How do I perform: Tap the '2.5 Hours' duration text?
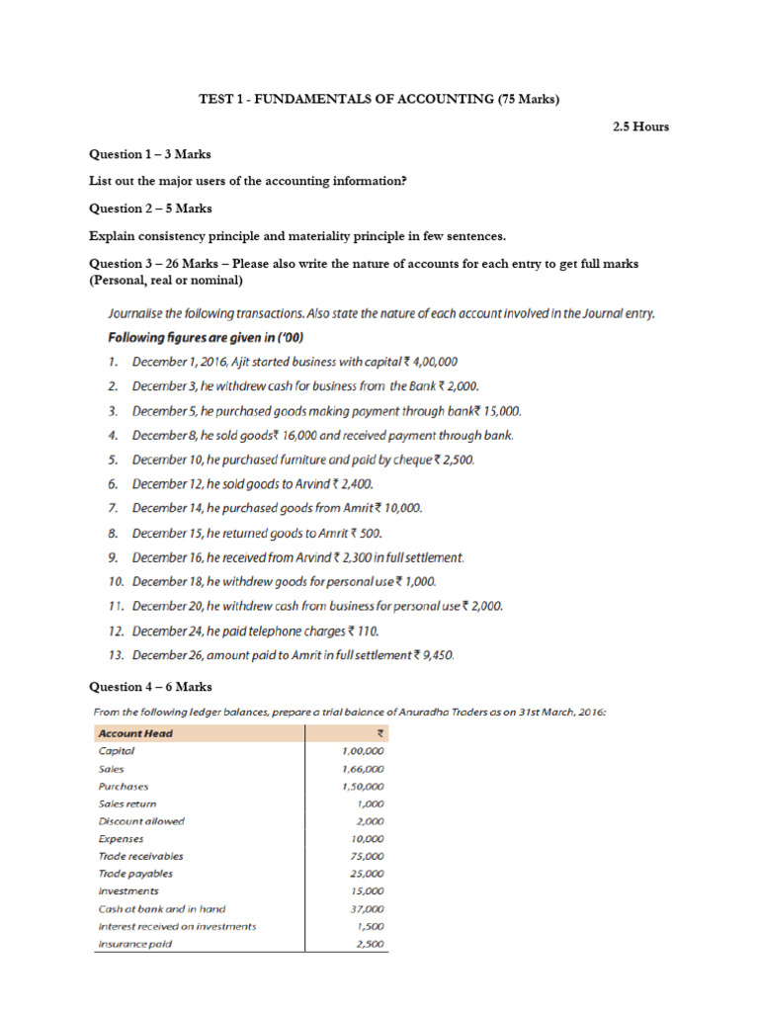pos(641,126)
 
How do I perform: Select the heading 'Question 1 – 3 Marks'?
pos(149,154)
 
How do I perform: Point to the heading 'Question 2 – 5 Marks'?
pos(149,209)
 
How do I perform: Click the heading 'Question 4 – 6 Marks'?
pos(149,687)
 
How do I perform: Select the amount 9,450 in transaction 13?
pos(433,654)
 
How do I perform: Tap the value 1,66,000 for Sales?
pos(363,769)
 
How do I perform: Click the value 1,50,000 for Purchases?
pos(363,787)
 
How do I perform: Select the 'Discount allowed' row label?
pos(141,821)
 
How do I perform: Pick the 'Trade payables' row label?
pos(135,874)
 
